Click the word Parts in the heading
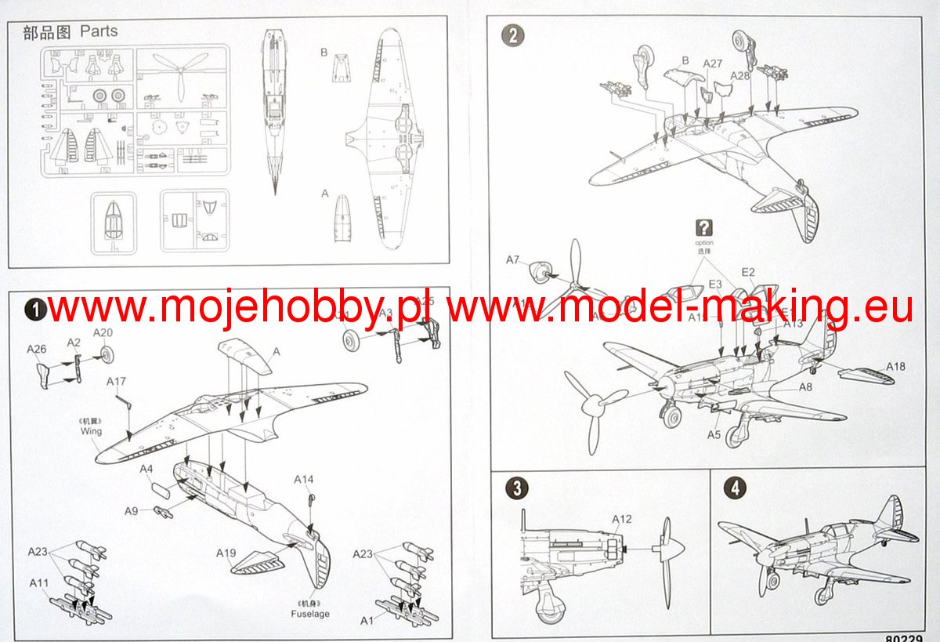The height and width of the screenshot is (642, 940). pos(99,31)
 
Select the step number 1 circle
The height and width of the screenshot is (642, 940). pos(35,310)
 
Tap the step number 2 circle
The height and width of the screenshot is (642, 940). pos(512,35)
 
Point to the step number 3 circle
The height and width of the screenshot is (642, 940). pos(515,488)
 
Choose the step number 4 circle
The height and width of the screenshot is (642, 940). pos(734,488)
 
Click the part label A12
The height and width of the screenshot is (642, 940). pos(621,519)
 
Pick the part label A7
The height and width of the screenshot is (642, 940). pos(513,259)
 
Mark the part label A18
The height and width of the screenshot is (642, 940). pos(895,366)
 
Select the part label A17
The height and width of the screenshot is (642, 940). pos(117,382)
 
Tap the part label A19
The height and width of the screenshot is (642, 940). pos(226,553)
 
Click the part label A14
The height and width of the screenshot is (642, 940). pos(304,479)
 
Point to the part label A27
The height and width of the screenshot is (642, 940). pos(713,63)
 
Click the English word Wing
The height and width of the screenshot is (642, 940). pos(91,431)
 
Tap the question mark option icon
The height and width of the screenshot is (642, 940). pos(704,228)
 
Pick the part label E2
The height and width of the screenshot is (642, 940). pos(748,272)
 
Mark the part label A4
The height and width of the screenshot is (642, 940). pos(146,469)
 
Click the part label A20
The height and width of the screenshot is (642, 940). pos(103,332)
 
